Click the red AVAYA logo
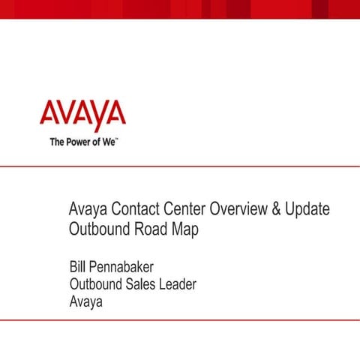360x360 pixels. coord(82,115)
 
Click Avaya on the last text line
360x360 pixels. coord(86,302)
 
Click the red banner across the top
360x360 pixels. coord(180,8)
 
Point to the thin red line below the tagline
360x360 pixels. coord(180,166)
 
